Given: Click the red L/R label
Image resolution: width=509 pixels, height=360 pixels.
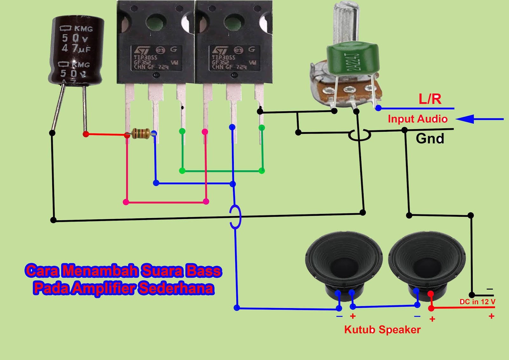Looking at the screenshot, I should click(430, 99).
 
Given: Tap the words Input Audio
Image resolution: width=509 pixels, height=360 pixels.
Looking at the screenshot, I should click(417, 119).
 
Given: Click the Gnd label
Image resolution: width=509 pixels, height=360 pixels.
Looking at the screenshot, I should click(430, 139).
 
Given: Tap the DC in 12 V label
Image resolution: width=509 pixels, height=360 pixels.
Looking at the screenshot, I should click(477, 302).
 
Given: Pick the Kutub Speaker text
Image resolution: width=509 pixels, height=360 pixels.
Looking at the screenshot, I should click(382, 330).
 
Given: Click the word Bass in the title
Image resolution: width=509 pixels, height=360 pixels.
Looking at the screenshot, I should click(204, 271).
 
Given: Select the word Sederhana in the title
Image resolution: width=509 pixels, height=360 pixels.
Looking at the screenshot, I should click(176, 288).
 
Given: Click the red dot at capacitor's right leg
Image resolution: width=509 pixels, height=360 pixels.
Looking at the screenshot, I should click(86, 134).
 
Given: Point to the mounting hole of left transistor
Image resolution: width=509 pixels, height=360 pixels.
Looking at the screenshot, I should click(156, 23).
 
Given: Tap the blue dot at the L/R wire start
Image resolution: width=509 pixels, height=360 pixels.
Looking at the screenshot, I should click(378, 108).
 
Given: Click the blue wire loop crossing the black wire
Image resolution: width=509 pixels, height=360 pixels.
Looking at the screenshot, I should click(235, 217).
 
